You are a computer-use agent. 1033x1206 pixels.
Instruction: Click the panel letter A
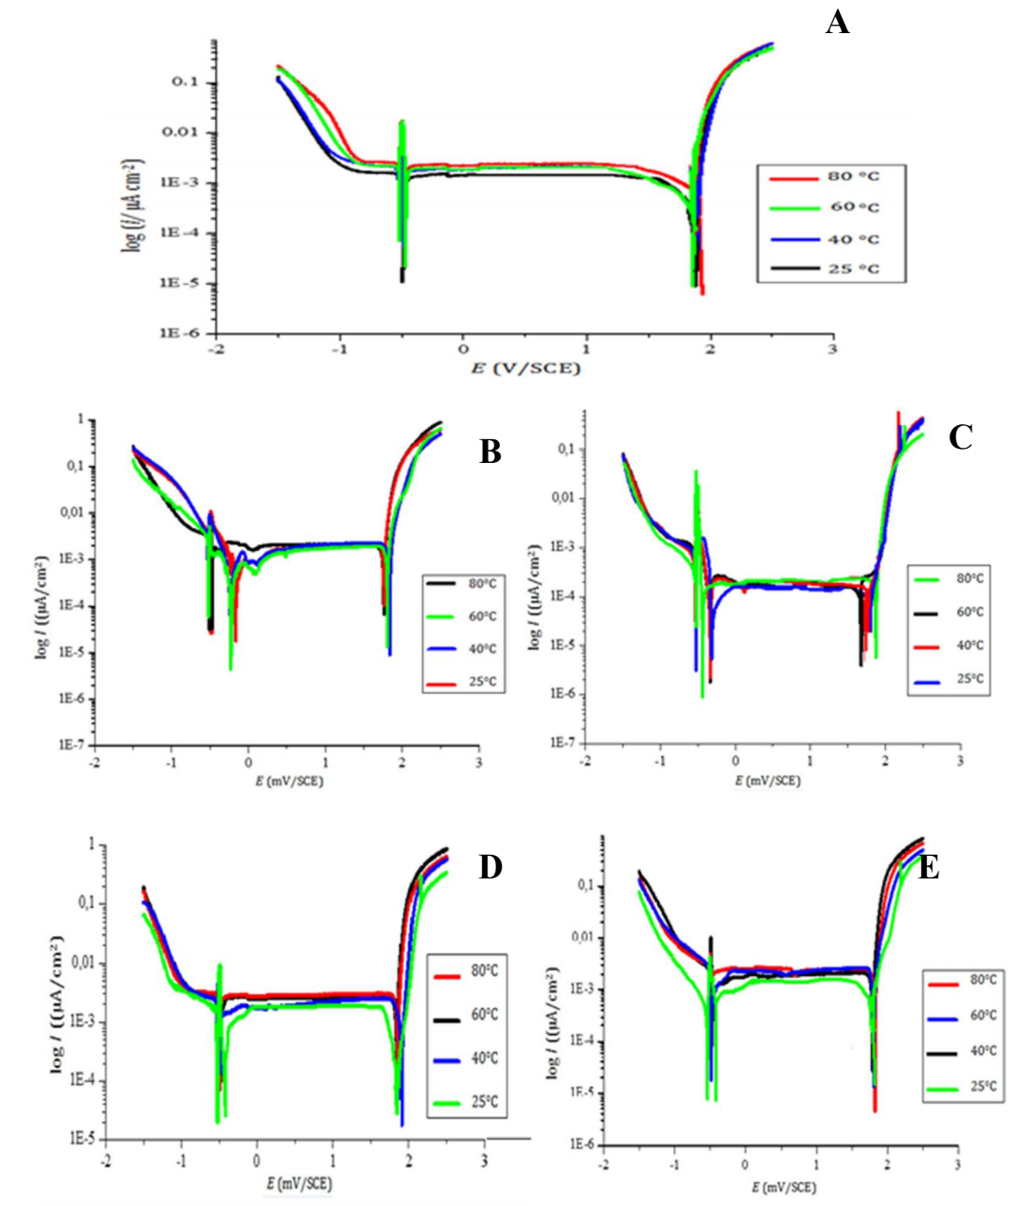837,22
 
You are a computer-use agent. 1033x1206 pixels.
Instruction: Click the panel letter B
490,452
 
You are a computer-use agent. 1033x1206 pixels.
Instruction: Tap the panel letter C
960,437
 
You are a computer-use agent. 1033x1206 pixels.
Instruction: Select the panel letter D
490,867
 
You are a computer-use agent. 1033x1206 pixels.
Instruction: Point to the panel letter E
929,867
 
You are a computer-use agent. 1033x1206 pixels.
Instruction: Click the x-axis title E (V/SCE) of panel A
525,368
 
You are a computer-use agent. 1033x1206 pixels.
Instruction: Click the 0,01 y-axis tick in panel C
565,499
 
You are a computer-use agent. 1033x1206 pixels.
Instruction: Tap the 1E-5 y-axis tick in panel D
80,1140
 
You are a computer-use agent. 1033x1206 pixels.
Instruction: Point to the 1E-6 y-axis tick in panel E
581,1144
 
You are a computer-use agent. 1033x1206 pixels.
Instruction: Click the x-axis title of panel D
299,1183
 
